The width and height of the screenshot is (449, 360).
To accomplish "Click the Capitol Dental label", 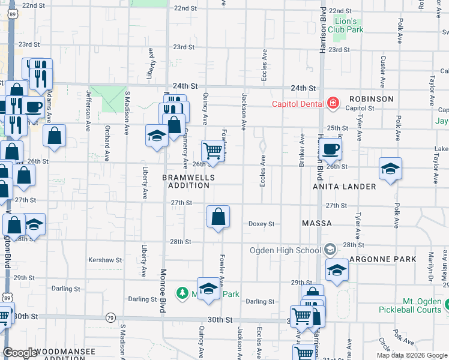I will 298,103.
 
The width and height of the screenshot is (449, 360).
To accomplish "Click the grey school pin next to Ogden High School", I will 330,249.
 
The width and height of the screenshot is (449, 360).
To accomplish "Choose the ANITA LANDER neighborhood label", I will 345,187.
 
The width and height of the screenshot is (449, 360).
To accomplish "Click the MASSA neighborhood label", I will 317,223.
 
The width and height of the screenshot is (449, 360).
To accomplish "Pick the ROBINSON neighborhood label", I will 372,99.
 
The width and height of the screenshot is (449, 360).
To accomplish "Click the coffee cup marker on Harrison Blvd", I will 330,149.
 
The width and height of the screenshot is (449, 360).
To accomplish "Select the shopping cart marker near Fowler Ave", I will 212,151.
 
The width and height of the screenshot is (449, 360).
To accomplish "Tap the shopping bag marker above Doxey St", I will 218,217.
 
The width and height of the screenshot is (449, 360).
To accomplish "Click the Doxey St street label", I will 261,224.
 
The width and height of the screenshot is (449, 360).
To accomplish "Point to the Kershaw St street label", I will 105,260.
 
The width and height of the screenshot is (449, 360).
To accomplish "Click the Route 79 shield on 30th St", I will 110,317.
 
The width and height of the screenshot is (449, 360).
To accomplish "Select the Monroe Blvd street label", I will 163,289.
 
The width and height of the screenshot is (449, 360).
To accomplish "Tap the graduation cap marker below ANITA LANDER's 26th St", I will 390,169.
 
